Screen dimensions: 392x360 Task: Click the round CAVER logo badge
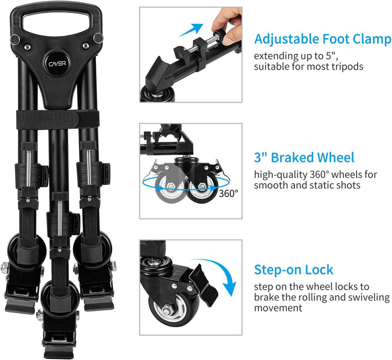(57, 64)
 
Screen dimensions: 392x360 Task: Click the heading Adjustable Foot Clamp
(323, 39)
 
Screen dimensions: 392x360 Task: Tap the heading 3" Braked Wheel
(304, 158)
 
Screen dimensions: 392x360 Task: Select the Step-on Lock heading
(293, 270)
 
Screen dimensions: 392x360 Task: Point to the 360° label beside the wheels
(229, 193)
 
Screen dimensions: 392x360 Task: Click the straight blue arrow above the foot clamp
(191, 30)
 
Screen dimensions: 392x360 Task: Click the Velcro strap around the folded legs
(58, 119)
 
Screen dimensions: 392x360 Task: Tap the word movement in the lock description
(278, 308)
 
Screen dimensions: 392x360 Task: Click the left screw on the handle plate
(28, 47)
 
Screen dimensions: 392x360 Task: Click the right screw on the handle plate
(86, 46)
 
